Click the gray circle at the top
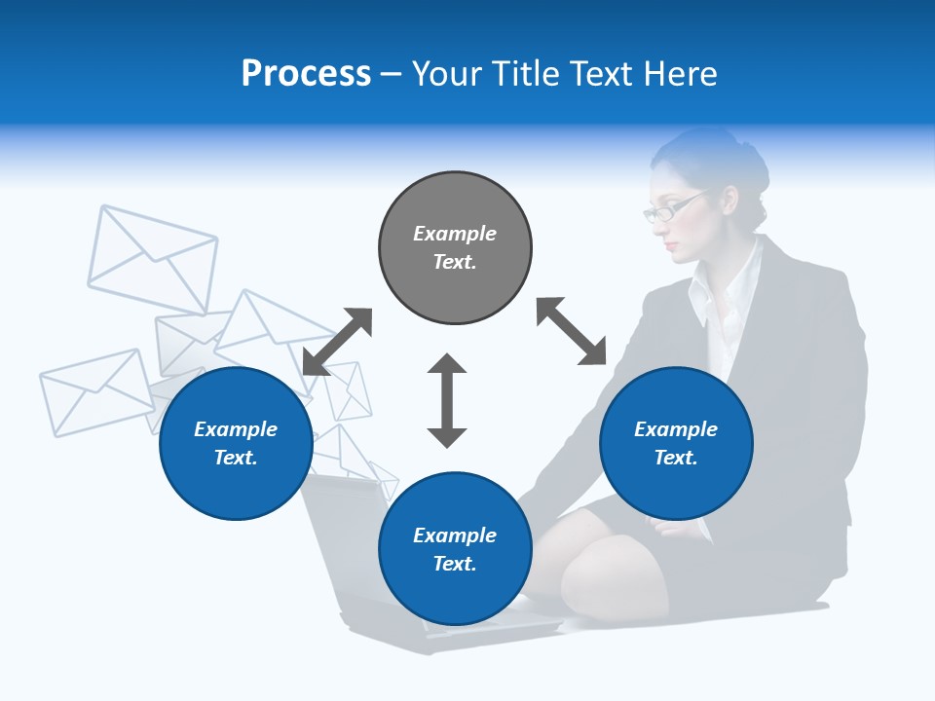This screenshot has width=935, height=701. (455, 248)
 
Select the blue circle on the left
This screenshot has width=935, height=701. (236, 443)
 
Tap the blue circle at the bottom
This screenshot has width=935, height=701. (455, 548)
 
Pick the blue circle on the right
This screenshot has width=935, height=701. (676, 443)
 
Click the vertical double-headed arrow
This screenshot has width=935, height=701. (447, 400)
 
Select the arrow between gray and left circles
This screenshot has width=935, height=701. (337, 342)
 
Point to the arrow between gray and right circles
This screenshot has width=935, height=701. (572, 331)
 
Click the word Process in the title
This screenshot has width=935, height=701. (306, 73)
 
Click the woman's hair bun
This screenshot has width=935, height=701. (752, 175)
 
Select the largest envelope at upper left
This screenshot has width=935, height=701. (153, 258)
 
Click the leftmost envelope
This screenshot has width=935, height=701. (95, 391)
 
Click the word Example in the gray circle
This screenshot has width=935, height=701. (455, 234)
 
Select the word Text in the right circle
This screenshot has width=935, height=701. (674, 458)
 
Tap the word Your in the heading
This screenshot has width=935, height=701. (445, 73)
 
